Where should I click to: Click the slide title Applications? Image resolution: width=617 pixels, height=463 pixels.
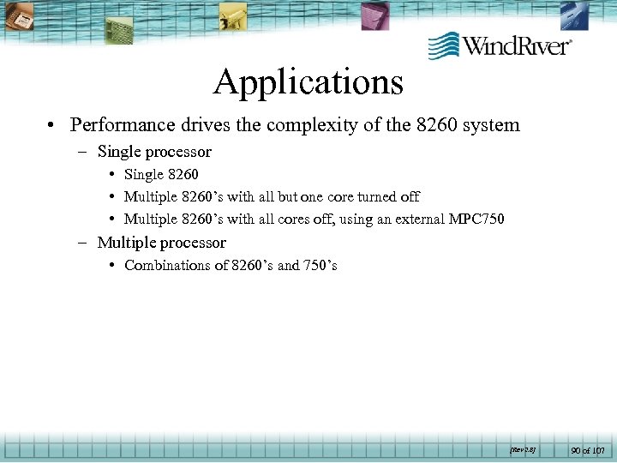click(x=308, y=82)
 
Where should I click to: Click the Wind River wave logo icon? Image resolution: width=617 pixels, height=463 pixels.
click(x=443, y=45)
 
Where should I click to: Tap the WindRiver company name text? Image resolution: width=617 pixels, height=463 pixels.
click(x=517, y=45)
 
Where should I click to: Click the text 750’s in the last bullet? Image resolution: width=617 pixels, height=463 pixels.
click(x=320, y=265)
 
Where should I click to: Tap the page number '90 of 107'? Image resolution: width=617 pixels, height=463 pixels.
click(x=588, y=449)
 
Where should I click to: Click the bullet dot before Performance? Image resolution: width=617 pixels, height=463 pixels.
click(x=52, y=125)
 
